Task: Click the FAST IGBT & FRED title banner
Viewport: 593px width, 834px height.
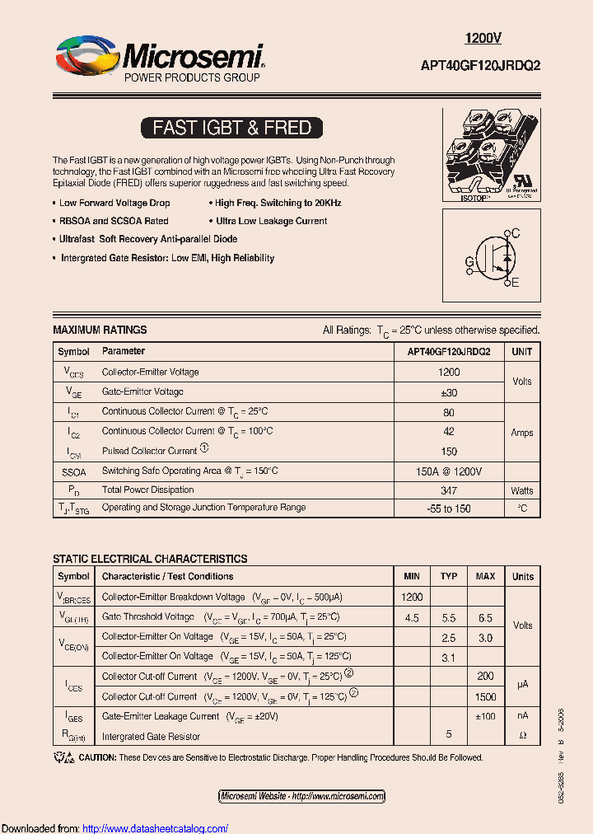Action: coord(231,128)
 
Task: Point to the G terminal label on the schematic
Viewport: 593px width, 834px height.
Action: coord(469,262)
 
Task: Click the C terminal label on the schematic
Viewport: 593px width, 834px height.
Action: coord(516,234)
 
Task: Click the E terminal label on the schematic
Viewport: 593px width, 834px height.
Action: coord(516,283)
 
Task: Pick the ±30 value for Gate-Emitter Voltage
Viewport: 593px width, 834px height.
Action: coord(449,392)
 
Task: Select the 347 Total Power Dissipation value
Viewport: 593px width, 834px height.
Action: coord(449,490)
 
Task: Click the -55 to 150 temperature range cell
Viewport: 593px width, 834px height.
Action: coord(449,508)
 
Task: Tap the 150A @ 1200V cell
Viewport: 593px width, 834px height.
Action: coord(449,471)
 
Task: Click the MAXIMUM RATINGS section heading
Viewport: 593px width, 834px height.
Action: coord(100,330)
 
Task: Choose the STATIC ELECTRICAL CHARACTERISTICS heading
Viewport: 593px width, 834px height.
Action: coord(150,559)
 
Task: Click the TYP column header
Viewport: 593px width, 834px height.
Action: coord(449,576)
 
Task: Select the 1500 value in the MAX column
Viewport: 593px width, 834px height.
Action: coord(485,696)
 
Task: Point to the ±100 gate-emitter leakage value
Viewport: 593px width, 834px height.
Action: coord(485,716)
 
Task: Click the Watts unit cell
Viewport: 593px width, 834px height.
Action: coord(522,490)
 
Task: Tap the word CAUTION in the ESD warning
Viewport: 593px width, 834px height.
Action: coord(97,757)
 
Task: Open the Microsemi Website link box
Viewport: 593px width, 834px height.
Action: coord(301,796)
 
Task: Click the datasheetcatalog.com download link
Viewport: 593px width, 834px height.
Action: coord(156,828)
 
